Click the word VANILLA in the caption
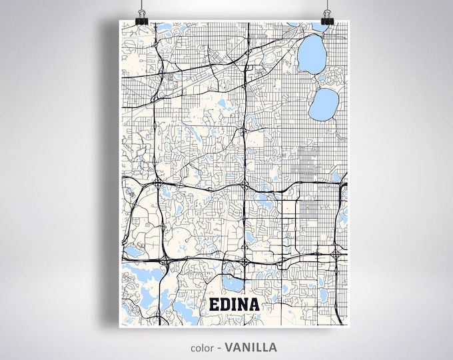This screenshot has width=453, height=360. pyautogui.click(x=250, y=347)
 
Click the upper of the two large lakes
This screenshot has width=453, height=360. pyautogui.click(x=311, y=55)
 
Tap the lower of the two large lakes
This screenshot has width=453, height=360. pyautogui.click(x=324, y=102)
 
